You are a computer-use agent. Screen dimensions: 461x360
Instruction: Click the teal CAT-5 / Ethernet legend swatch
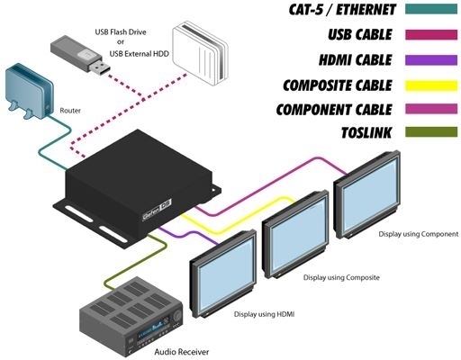[431, 9]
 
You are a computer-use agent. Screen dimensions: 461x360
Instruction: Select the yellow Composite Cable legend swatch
[431, 85]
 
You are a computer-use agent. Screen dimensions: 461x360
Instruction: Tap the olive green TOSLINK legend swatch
[431, 132]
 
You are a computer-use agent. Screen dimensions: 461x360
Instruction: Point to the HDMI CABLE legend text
[356, 60]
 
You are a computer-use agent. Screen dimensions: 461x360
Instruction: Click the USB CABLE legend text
[360, 34]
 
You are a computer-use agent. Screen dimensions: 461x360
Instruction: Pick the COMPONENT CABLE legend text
[334, 110]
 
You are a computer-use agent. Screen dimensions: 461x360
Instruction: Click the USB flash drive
[79, 55]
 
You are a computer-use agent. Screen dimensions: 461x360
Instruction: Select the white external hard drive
[201, 53]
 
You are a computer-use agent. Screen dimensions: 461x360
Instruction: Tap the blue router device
[29, 92]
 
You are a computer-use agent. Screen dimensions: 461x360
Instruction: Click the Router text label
[70, 111]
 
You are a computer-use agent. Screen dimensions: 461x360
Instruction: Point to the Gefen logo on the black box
[157, 211]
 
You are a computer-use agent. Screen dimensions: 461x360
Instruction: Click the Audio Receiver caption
[182, 352]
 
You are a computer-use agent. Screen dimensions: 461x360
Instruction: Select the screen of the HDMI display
[224, 275]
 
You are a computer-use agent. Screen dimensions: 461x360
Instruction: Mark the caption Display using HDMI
[264, 314]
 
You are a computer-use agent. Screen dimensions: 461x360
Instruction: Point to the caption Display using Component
[419, 234]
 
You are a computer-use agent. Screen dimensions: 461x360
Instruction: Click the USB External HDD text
[140, 54]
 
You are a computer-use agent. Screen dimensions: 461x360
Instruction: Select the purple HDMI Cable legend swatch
[431, 60]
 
